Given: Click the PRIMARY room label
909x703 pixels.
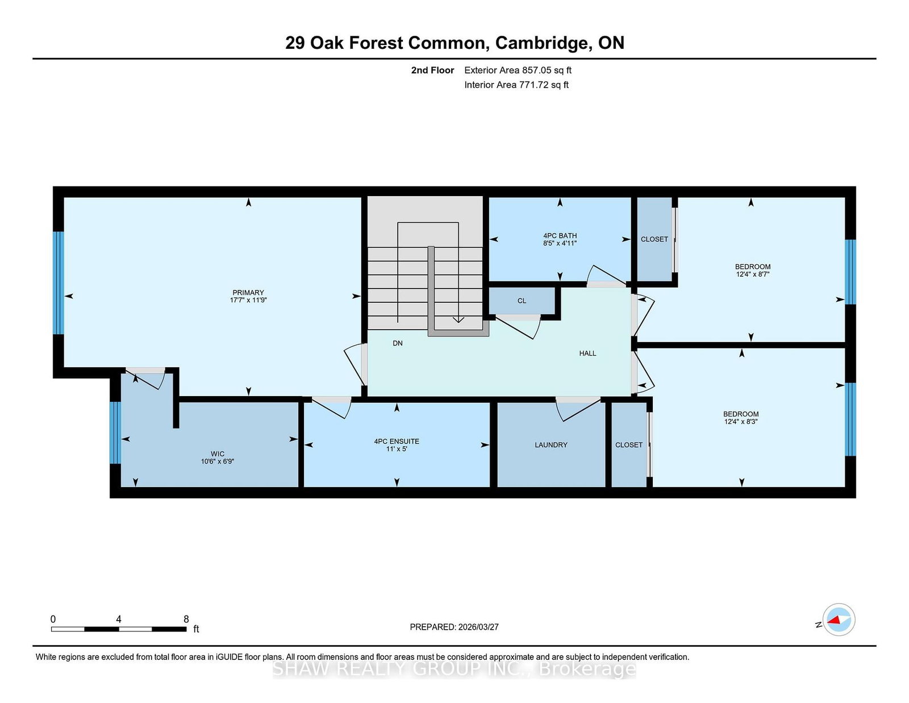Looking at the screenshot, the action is point(248,293).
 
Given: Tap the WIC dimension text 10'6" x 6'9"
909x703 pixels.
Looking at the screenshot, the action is point(217,461).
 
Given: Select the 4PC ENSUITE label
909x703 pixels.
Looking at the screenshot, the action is point(396,441).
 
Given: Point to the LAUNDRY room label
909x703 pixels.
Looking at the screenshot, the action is point(551,445).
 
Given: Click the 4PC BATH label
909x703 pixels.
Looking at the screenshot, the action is point(560,236).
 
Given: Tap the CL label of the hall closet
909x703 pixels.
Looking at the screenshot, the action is point(522,301).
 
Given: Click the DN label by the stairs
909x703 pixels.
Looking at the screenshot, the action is point(397,343).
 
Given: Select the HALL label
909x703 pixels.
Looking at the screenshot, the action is point(587,353).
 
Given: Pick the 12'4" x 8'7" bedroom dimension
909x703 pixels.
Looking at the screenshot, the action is point(753,274).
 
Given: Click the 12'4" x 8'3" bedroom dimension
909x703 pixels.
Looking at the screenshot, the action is point(741,422).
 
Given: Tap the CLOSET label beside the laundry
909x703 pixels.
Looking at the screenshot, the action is point(629,445).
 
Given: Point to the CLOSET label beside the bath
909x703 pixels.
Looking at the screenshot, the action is point(654,239).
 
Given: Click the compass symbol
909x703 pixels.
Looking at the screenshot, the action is point(839,619).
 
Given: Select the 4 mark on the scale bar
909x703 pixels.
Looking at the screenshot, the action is point(119,619).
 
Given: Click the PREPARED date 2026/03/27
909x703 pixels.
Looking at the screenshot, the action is point(478,627).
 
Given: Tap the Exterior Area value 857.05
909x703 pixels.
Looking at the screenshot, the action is point(534,70).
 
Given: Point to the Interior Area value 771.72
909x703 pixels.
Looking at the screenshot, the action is point(532,85).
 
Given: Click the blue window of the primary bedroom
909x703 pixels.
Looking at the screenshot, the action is point(59,283).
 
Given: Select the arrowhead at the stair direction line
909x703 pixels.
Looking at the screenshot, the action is point(458,320).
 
